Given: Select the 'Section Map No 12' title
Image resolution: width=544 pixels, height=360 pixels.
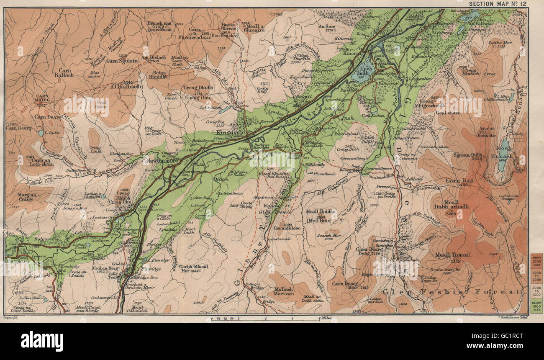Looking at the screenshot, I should [x=498, y=4].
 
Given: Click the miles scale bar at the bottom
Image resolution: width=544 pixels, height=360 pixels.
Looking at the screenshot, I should [x=272, y=318].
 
